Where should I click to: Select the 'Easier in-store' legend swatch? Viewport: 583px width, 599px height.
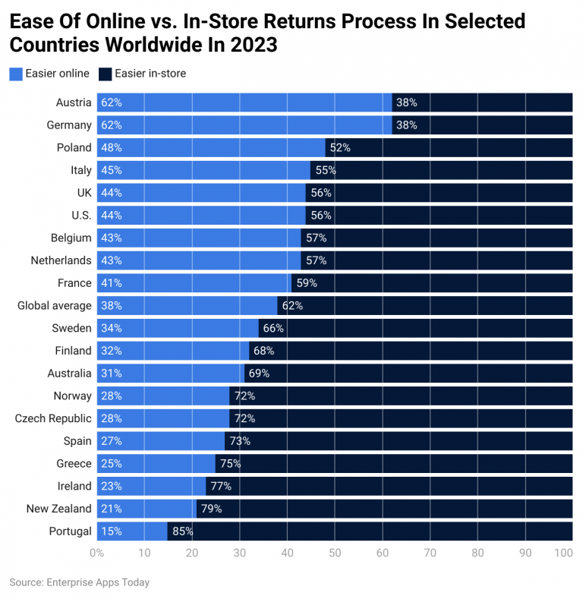coord(106,74)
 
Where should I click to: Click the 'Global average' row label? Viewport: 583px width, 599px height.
coord(54,306)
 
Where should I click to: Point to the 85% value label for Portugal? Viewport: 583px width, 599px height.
coord(183,531)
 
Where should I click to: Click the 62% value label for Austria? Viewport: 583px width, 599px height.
coord(112,102)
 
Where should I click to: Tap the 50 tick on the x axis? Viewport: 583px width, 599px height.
coord(335,553)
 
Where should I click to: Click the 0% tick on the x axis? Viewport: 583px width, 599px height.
coord(96,553)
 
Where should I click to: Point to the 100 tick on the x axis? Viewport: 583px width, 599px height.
coord(563,553)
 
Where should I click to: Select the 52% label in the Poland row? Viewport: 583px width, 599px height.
coord(340,148)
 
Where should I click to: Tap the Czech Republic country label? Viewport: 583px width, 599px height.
coord(53,418)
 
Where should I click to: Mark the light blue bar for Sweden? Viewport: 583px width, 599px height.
coord(190,328)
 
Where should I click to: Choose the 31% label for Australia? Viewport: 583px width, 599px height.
coord(112,374)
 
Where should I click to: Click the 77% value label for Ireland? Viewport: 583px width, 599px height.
coord(220,487)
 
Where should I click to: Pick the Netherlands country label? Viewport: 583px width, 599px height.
coord(61,260)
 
